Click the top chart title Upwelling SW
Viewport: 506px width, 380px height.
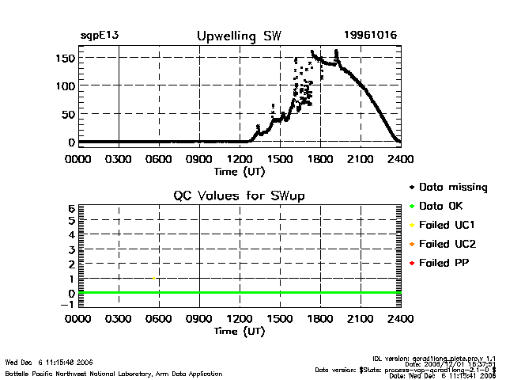click(x=238, y=36)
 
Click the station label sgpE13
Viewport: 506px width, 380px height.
click(x=100, y=36)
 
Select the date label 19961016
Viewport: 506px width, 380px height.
click(x=371, y=36)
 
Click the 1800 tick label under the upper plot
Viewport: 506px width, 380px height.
click(x=320, y=158)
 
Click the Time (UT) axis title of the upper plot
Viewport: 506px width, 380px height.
click(x=239, y=170)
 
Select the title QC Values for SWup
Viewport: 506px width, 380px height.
click(x=239, y=196)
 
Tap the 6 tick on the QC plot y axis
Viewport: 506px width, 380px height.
click(x=71, y=208)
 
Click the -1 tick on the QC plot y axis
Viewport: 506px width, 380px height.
click(x=69, y=304)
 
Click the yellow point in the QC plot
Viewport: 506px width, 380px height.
click(x=154, y=278)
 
